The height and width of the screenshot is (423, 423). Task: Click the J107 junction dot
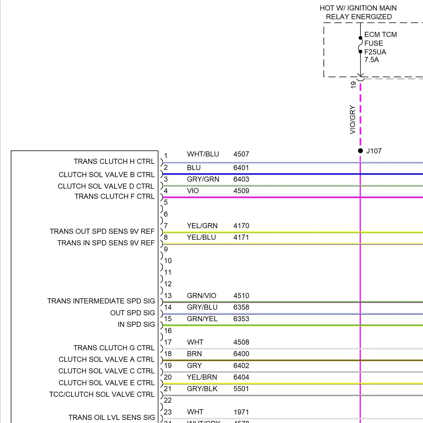[x=360, y=151]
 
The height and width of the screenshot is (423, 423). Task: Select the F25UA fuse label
[x=375, y=52]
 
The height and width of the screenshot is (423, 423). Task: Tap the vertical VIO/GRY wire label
[x=352, y=120]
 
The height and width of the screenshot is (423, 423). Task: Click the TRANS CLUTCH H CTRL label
[x=114, y=162]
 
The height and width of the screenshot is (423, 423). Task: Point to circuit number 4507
[x=241, y=154]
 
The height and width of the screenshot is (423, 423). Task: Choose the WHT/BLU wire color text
[x=203, y=154]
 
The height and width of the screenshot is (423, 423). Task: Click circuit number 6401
[x=241, y=168]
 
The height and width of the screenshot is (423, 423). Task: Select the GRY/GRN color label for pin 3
[x=203, y=179]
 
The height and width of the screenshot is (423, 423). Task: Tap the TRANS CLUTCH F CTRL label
[x=114, y=197]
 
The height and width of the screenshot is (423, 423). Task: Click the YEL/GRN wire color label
[x=202, y=226]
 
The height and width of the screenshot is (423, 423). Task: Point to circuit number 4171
[x=241, y=237]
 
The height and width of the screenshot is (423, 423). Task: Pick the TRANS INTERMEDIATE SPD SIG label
[x=101, y=301]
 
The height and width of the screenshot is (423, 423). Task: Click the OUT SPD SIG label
[x=133, y=313]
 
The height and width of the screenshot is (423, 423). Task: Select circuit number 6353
[x=241, y=319]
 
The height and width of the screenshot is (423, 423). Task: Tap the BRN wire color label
[x=194, y=354]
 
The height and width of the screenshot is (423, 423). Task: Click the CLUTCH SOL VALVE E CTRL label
[x=107, y=383]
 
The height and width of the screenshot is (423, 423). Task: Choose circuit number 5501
[x=241, y=389]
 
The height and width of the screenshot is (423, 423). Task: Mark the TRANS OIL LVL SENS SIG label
[x=112, y=418]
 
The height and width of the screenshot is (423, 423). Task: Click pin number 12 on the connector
[x=168, y=284]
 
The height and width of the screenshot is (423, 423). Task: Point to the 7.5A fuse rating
[x=371, y=60]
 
